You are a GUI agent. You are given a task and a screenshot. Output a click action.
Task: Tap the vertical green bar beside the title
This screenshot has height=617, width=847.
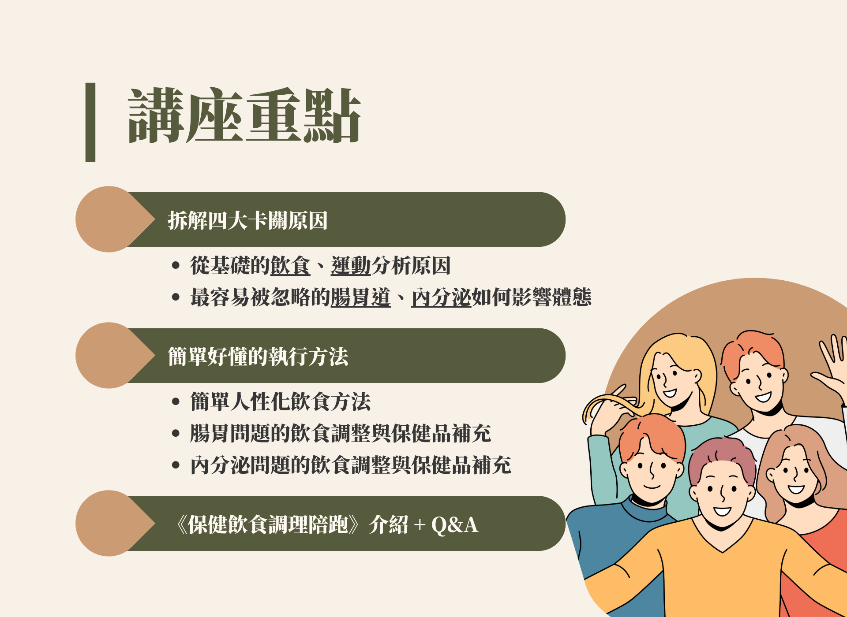(90, 122)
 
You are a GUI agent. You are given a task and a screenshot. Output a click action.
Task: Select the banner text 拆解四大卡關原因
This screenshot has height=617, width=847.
(247, 220)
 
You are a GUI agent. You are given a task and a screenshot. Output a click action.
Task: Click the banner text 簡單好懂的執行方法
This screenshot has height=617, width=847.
(258, 357)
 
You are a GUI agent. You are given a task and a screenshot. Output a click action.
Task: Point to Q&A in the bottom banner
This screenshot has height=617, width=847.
(454, 525)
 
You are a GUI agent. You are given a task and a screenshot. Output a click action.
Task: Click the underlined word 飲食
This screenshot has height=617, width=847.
(290, 266)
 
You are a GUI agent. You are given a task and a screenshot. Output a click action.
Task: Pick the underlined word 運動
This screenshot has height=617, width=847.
(351, 266)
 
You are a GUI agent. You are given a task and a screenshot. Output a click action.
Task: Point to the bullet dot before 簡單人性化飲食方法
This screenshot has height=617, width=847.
(176, 401)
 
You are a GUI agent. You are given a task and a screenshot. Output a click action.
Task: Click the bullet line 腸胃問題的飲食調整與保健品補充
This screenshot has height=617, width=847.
(341, 433)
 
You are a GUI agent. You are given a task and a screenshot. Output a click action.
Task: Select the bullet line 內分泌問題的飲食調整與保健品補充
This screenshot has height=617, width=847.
(351, 465)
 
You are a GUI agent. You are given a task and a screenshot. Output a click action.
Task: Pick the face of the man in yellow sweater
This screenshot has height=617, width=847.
(721, 494)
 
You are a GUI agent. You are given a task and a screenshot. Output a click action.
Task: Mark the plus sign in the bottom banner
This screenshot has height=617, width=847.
(420, 525)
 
